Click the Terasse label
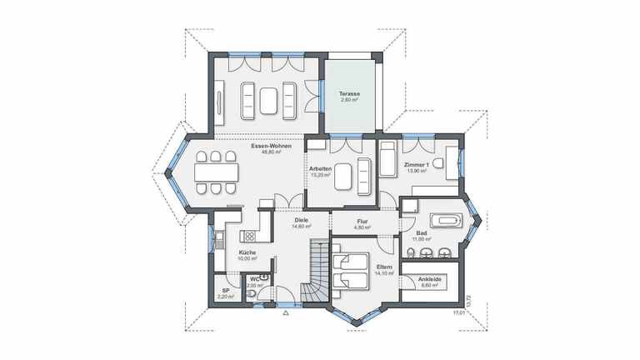coord(348,94)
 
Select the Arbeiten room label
coord(321,169)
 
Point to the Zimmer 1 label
coord(416,165)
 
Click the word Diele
coord(301,220)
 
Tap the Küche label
coord(247,252)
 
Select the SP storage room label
coord(225,291)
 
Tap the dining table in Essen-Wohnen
coord(217,172)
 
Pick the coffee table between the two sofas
coord(268,100)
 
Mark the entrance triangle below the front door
coord(286,314)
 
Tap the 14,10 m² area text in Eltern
coord(383,273)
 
